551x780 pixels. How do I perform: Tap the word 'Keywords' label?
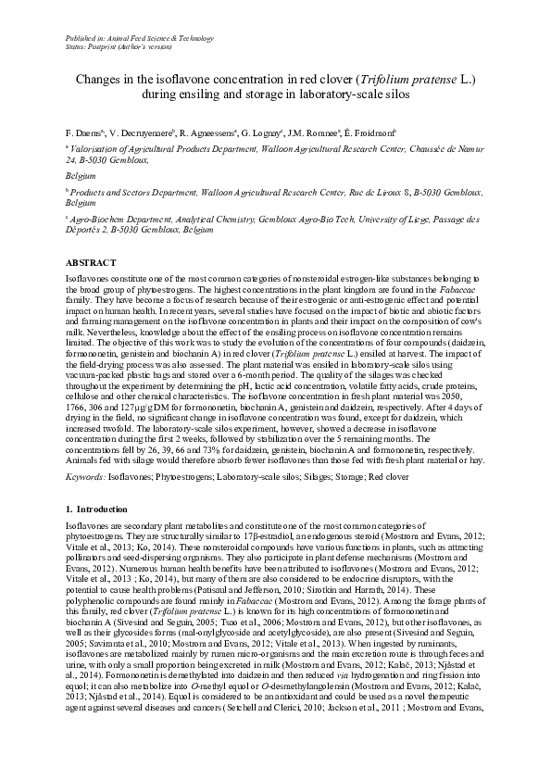click(84, 476)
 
